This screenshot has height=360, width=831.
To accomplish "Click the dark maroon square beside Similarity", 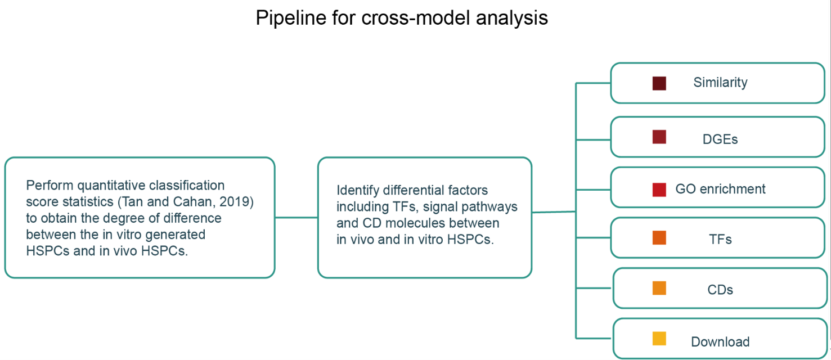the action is tap(659, 83).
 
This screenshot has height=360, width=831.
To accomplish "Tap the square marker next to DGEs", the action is tap(659, 137).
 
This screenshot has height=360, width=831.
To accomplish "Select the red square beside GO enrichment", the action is tap(659, 190).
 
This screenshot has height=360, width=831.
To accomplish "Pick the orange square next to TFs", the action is tap(659, 237).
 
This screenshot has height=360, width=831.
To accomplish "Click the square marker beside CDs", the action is tap(659, 288).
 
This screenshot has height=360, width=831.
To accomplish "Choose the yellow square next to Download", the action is tap(659, 339).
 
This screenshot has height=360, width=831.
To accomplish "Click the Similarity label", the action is tap(720, 83).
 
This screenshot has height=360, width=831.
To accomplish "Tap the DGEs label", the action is tap(720, 139).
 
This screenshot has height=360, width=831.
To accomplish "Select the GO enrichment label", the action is tap(720, 189).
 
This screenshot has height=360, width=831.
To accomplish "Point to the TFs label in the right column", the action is tap(720, 240).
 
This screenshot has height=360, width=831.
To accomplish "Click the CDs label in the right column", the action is tap(720, 290).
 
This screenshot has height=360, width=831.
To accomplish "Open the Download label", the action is tap(720, 342).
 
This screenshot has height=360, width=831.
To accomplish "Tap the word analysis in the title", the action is tap(511, 18).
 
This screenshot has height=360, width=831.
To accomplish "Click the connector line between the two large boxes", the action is tap(297, 218).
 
